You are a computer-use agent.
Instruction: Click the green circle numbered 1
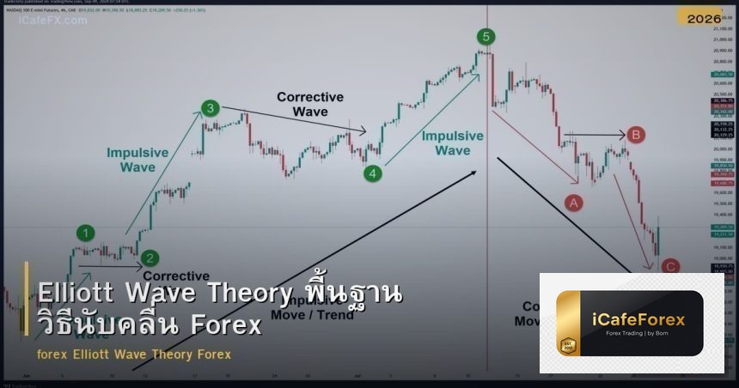tap(85, 232)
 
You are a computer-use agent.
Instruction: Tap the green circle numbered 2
tap(150, 257)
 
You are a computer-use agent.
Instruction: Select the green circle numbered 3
tap(211, 108)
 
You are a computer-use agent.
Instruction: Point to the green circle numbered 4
tap(372, 173)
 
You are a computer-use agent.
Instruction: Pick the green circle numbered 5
tap(486, 36)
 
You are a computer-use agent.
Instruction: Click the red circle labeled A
tap(573, 203)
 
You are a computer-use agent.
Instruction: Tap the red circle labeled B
tap(636, 135)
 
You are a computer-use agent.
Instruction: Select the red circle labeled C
tap(670, 266)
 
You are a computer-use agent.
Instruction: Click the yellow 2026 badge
tap(704, 18)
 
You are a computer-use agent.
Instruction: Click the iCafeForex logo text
tap(638, 320)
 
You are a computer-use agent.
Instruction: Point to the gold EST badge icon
tap(568, 346)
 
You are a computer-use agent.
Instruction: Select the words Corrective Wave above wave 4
tap(310, 105)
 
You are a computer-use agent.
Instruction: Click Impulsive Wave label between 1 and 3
tap(137, 160)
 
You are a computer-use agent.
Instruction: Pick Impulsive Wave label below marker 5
tap(453, 143)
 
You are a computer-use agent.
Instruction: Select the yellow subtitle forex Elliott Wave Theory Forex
tap(134, 355)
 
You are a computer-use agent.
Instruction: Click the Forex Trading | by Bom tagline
tap(638, 333)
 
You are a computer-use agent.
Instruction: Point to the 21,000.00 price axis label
tap(721, 28)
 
